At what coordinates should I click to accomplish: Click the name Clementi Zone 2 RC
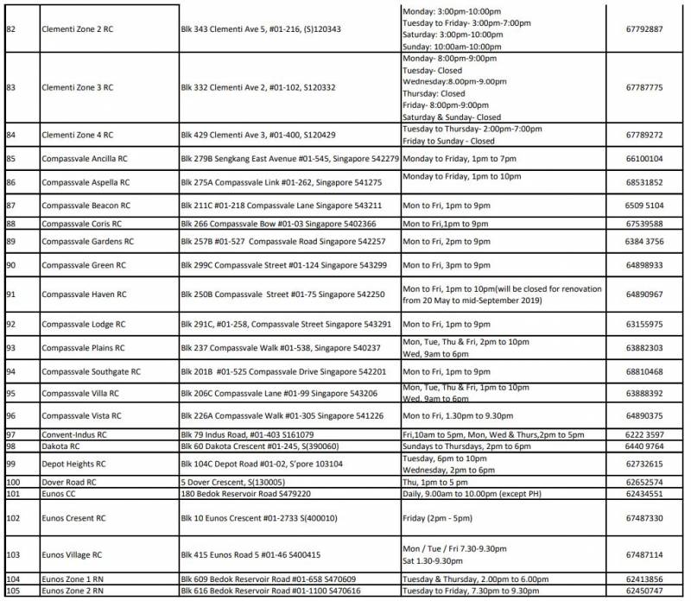(x=78, y=28)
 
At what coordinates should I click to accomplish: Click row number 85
(x=11, y=159)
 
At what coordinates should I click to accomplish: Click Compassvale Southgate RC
(x=91, y=371)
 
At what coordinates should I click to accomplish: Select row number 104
(x=13, y=579)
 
